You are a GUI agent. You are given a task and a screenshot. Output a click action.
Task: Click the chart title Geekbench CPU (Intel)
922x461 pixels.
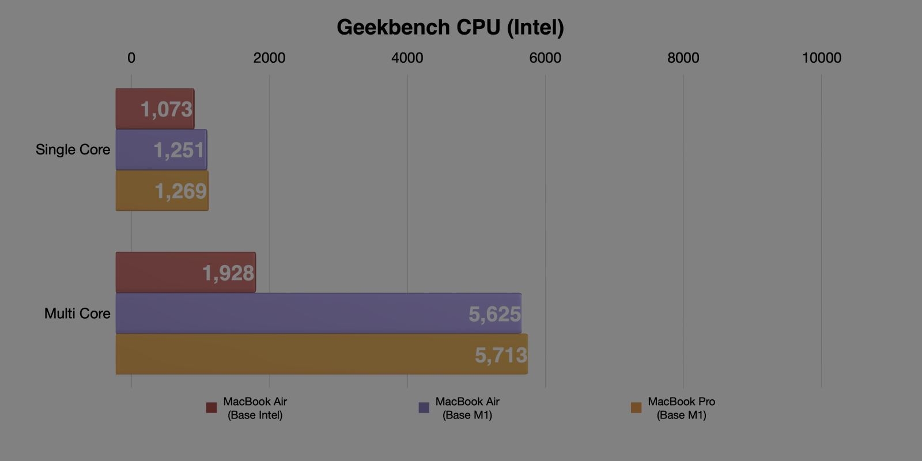(x=450, y=27)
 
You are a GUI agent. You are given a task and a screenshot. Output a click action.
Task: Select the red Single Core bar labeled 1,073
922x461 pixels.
(x=154, y=109)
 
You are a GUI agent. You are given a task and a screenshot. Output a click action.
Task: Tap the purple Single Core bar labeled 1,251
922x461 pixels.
(x=161, y=150)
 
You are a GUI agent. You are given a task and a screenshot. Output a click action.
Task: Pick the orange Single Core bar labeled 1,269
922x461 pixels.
(x=161, y=191)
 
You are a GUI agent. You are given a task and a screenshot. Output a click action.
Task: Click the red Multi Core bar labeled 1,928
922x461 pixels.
(x=185, y=273)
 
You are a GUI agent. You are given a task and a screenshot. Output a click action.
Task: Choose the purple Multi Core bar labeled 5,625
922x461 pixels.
(x=318, y=313)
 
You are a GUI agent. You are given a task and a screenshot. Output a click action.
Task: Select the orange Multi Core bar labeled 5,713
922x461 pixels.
(x=322, y=354)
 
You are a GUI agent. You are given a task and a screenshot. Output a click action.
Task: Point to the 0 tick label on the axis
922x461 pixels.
(x=131, y=58)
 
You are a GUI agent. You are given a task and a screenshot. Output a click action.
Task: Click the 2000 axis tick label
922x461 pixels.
(x=269, y=58)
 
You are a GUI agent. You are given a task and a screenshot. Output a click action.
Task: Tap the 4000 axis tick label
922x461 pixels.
(x=407, y=58)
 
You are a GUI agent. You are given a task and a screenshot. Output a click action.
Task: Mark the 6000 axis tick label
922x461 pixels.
(x=545, y=58)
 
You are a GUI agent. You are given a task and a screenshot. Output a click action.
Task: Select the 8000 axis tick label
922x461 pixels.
(x=683, y=58)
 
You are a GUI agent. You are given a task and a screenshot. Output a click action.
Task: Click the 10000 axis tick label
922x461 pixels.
(x=821, y=58)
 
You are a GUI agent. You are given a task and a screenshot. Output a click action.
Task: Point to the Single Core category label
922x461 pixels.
(x=73, y=150)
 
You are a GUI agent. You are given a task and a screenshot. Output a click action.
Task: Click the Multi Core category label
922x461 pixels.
(x=77, y=313)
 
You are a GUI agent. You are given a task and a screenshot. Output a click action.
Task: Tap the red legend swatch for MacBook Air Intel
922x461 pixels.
(x=211, y=408)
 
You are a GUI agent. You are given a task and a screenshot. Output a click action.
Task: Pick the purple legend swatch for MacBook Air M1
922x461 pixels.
(x=424, y=408)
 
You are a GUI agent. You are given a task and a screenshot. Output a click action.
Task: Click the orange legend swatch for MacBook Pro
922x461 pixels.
(x=636, y=408)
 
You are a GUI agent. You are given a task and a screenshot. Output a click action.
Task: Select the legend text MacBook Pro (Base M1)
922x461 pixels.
(x=681, y=408)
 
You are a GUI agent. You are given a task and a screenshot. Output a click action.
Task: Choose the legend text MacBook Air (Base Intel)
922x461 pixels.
(x=255, y=408)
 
